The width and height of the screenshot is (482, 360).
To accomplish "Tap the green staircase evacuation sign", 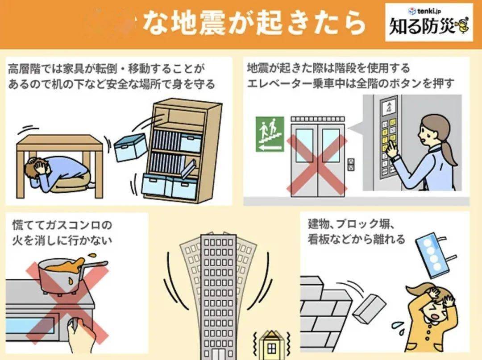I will tap(270, 134).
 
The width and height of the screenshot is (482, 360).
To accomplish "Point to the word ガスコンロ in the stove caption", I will tap(79, 224).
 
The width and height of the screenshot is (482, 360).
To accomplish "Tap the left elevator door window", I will tap(305, 145).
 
